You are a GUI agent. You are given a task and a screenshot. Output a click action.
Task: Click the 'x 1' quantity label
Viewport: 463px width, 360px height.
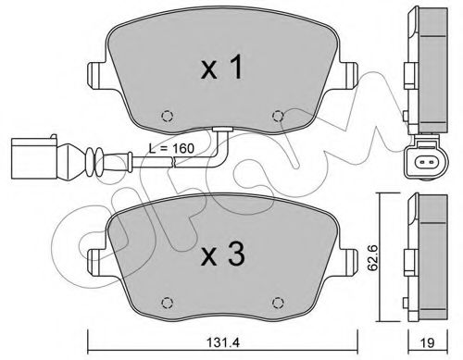click(x=221, y=69)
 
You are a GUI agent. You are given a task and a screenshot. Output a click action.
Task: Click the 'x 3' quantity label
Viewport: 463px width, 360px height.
click(x=223, y=254)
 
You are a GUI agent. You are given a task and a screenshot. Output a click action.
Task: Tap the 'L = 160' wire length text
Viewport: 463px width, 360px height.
click(x=171, y=148)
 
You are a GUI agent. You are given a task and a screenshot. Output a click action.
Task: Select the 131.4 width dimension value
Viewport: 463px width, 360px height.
click(x=223, y=343)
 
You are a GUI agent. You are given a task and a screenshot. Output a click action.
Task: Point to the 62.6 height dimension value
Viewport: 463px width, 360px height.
click(x=373, y=258)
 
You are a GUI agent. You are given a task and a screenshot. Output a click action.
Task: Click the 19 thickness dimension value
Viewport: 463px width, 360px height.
click(x=428, y=343)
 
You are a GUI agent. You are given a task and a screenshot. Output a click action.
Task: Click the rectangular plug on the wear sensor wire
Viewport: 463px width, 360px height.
click(x=34, y=158)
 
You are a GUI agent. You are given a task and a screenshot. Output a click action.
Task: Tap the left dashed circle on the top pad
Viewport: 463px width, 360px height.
click(x=168, y=116)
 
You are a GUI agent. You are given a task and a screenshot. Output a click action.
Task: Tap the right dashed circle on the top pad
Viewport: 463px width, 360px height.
click(x=278, y=116)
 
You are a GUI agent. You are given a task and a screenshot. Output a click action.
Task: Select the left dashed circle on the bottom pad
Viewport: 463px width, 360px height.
click(x=168, y=303)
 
